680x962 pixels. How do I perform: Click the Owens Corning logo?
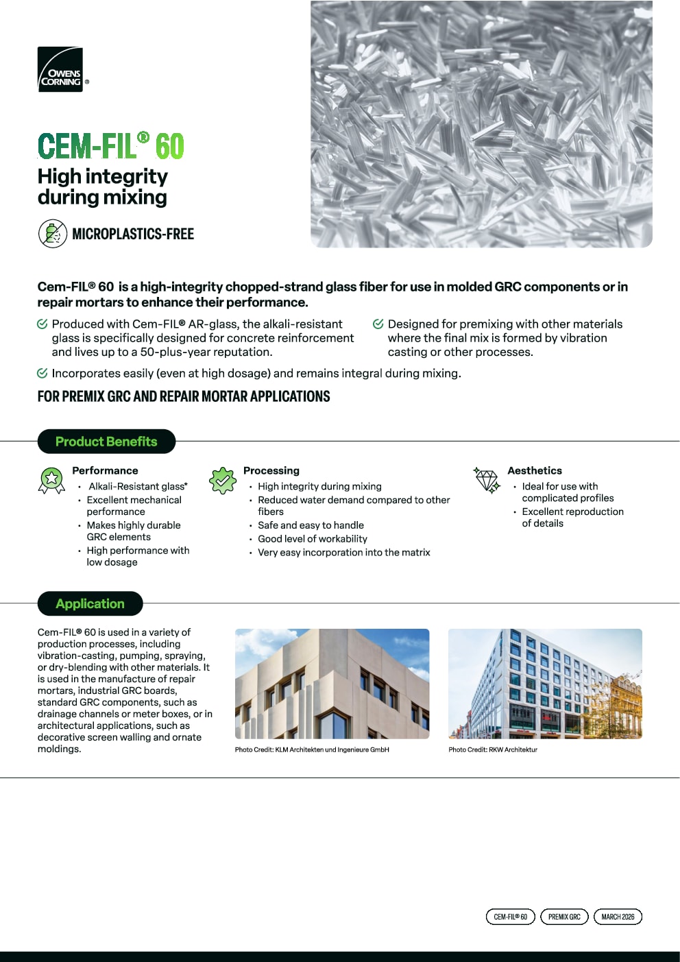click(x=60, y=69)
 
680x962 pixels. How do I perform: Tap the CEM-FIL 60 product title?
click(x=111, y=146)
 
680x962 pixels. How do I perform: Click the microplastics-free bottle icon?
click(x=52, y=234)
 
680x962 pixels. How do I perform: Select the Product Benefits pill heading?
click(x=106, y=442)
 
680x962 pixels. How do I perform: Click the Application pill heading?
click(x=90, y=603)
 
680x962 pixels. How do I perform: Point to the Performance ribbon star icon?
click(x=51, y=480)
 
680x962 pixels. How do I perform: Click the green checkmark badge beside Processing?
click(x=223, y=480)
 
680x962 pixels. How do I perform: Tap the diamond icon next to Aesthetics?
click(x=487, y=480)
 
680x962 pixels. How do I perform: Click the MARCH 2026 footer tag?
click(x=618, y=917)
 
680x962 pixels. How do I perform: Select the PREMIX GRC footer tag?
click(x=564, y=917)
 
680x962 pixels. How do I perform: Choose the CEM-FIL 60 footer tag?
click(x=510, y=917)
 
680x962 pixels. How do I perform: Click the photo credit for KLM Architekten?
click(x=312, y=749)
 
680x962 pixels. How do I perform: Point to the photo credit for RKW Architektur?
click(x=493, y=749)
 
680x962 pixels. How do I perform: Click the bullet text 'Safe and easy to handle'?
click(x=311, y=525)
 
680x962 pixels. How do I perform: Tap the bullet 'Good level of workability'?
click(x=313, y=539)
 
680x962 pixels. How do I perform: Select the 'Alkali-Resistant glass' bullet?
click(x=138, y=486)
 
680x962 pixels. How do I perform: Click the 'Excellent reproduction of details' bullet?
click(x=572, y=517)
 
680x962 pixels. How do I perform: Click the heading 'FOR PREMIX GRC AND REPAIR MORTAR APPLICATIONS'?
click(x=184, y=396)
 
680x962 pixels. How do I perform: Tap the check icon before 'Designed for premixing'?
click(x=378, y=324)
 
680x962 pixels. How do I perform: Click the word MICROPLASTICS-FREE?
click(x=133, y=234)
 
